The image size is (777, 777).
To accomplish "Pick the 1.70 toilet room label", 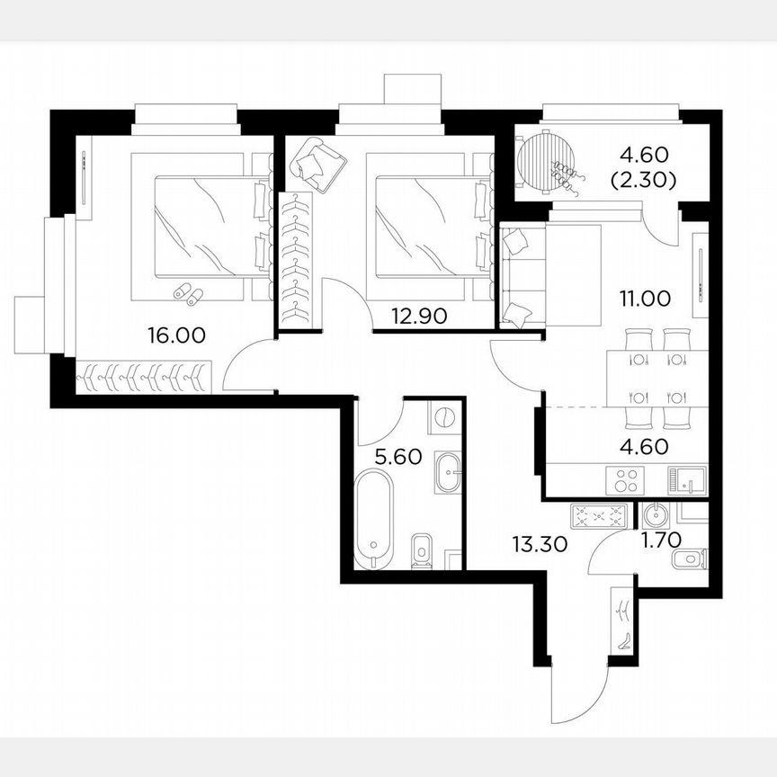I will tap(660, 541).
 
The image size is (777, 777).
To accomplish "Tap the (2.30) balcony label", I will tap(644, 180).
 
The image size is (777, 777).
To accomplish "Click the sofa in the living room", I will tap(517, 274).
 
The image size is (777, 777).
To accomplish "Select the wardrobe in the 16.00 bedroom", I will tap(144, 376).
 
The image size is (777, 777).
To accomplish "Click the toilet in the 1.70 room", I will tap(689, 561).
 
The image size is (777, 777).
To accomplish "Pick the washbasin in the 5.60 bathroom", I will tap(449, 473).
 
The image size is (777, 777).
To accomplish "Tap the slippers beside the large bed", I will tap(188, 291).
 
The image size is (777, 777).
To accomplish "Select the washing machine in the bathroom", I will tap(443, 419).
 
